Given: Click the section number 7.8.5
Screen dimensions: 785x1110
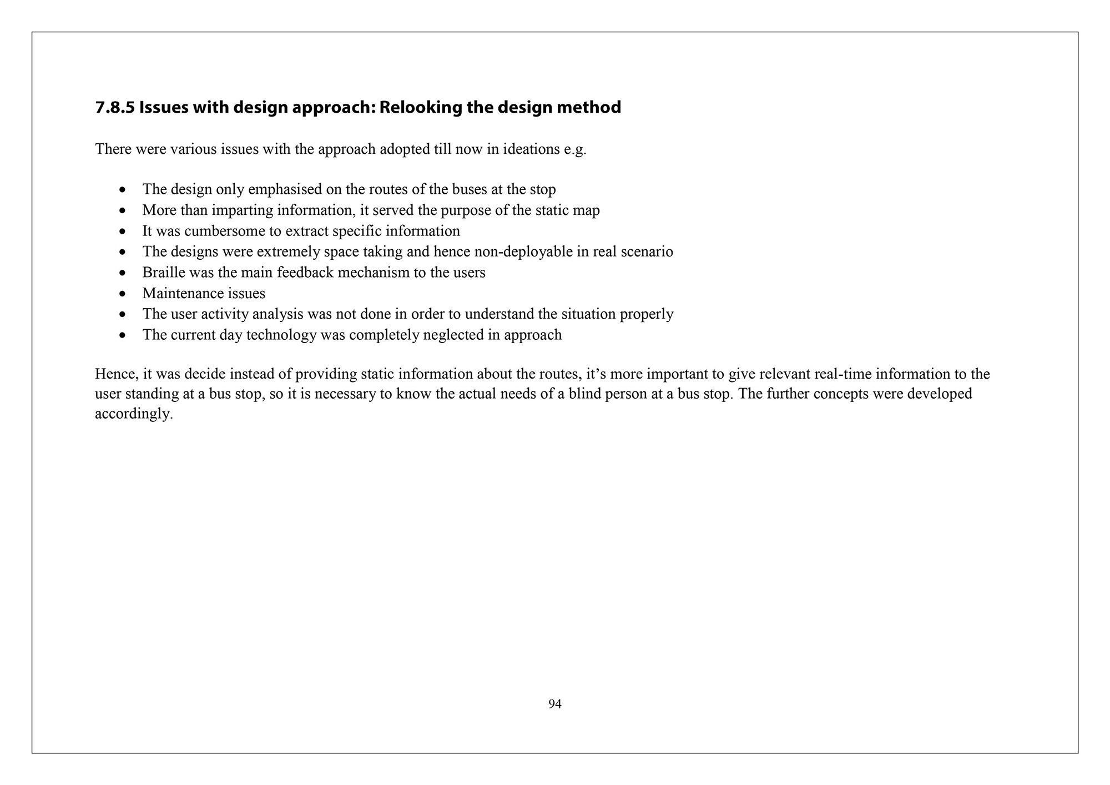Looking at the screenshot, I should pos(115,107).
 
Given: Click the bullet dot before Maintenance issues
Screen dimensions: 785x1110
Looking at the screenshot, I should pos(122,294).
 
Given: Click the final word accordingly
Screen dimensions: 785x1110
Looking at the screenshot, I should pos(134,414).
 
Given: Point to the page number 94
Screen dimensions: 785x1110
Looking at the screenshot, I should pos(554,704).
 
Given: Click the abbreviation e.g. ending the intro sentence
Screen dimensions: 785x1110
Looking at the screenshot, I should pos(575,150).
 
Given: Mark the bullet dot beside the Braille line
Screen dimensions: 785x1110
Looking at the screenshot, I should pos(122,273).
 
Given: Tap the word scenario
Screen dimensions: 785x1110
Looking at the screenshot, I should pos(648,252).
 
